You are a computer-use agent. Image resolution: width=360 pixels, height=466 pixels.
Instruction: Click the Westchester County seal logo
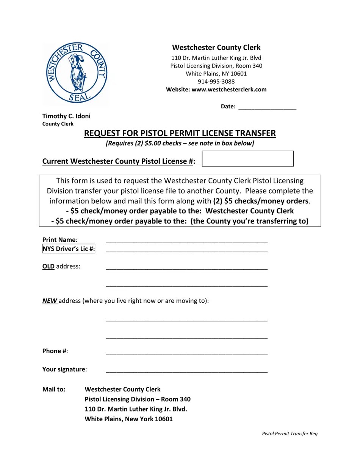76,73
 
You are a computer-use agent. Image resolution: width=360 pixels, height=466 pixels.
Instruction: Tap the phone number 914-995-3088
216,81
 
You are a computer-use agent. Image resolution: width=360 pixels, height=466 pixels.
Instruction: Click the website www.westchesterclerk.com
229,90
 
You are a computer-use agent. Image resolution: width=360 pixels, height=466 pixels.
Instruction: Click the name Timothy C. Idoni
66,116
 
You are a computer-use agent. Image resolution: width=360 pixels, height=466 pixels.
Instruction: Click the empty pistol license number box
248,158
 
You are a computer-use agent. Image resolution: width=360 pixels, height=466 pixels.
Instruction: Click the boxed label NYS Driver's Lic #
69,249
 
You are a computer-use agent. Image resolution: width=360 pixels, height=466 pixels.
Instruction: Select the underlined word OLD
48,266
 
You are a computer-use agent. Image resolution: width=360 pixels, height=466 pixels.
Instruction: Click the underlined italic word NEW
49,301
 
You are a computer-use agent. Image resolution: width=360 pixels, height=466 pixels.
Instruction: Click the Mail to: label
54,389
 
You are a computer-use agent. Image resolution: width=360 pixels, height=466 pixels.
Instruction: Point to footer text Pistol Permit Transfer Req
290,433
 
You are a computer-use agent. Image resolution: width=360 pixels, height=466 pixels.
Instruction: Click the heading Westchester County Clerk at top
216,47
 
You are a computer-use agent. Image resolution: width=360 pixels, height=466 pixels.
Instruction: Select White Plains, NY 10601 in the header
216,73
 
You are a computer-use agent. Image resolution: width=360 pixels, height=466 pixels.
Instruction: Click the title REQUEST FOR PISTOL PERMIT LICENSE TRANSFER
180,133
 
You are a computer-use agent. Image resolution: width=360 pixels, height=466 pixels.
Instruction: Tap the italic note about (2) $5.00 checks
180,143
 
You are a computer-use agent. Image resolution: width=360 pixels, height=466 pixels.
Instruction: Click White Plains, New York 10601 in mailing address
128,419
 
